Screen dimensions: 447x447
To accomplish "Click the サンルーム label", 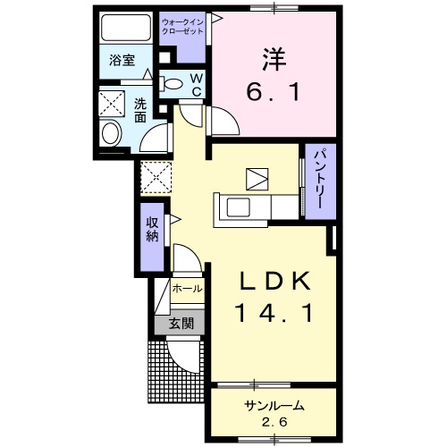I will point(274,405).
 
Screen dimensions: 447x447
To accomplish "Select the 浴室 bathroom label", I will point(122,62).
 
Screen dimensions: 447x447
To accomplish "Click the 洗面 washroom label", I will point(140,110).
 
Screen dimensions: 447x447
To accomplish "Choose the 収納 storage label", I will point(152,229).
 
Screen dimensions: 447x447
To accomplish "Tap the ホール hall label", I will point(186,290).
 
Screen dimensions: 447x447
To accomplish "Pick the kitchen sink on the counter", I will point(240,208).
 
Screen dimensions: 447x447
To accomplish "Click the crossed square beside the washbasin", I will point(113,103).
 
